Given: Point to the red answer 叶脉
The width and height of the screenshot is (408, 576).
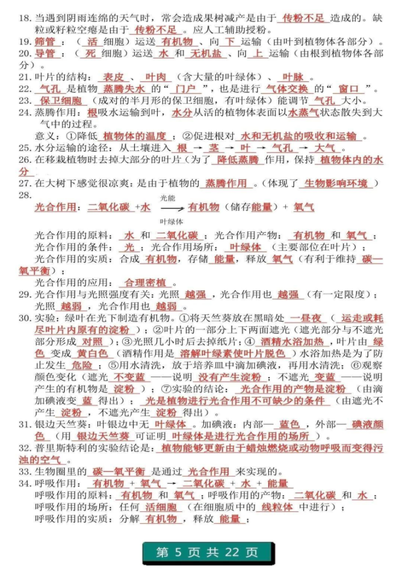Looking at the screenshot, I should [x=293, y=78].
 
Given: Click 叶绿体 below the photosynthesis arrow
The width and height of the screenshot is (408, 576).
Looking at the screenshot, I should [x=171, y=222].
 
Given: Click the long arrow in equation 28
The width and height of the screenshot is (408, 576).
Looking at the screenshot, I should [x=168, y=209].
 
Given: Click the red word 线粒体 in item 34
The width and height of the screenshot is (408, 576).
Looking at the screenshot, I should [x=277, y=507].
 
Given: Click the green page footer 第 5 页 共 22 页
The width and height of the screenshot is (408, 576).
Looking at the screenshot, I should [x=207, y=552].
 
